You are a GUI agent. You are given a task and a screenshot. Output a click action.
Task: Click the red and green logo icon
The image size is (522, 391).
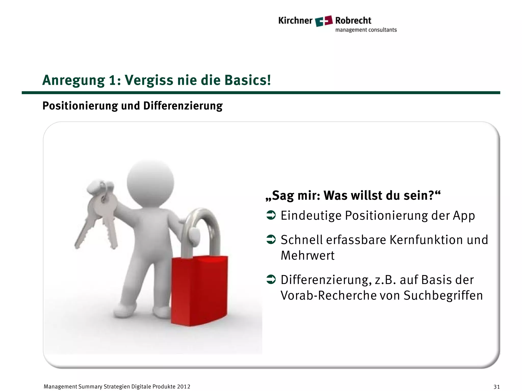324,21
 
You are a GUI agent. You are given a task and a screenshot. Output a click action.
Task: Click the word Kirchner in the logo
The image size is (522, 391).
295,21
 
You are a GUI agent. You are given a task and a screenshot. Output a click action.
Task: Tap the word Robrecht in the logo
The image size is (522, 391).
353,20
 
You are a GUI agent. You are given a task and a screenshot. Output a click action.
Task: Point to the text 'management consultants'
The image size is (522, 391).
366,30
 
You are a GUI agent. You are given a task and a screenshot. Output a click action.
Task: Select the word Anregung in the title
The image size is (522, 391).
73,80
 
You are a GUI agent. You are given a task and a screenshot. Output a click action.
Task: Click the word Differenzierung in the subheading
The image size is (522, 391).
183,106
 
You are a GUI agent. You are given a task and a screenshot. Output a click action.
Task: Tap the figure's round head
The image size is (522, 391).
150,181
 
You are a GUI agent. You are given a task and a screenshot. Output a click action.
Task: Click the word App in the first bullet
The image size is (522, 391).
464,216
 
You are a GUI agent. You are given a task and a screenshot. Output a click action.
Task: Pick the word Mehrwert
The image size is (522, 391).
307,255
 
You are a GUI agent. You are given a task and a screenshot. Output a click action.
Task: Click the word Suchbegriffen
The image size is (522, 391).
443,296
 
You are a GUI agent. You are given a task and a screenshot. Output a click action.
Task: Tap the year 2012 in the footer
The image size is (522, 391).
184,387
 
